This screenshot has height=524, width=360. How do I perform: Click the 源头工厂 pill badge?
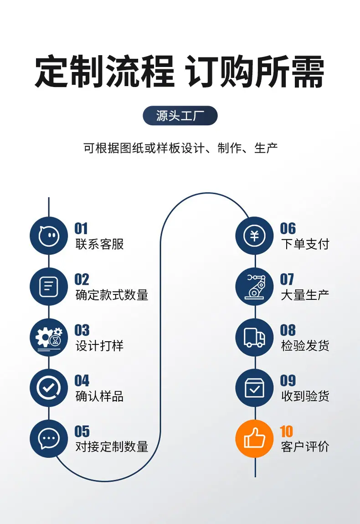(x=180, y=116)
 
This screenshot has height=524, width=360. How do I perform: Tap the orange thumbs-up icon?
(x=254, y=438)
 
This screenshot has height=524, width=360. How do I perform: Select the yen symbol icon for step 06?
(x=254, y=236)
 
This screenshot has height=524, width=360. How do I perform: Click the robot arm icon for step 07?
(x=254, y=287)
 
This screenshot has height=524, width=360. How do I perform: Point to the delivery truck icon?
(x=254, y=337)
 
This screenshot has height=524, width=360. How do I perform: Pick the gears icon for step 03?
(x=49, y=337)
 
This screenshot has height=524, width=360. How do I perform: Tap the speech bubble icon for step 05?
(x=49, y=438)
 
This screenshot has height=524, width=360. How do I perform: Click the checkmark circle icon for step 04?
(x=49, y=388)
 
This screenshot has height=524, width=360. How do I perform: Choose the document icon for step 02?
(x=49, y=287)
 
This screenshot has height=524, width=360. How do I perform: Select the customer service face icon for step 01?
(x=49, y=236)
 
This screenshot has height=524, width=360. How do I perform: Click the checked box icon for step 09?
(x=254, y=388)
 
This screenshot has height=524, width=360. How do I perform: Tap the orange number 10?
(x=287, y=431)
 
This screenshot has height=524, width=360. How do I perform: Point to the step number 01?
(x=81, y=229)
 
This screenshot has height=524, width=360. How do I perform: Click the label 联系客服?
(x=100, y=244)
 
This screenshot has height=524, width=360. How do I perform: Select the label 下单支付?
(x=305, y=244)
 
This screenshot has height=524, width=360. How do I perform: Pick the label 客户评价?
(x=305, y=447)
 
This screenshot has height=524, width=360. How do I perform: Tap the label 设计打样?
(x=100, y=345)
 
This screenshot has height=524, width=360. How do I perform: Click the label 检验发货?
(x=305, y=345)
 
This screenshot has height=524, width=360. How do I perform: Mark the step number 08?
(x=288, y=330)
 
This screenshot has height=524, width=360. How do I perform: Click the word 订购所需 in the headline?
(x=255, y=72)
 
